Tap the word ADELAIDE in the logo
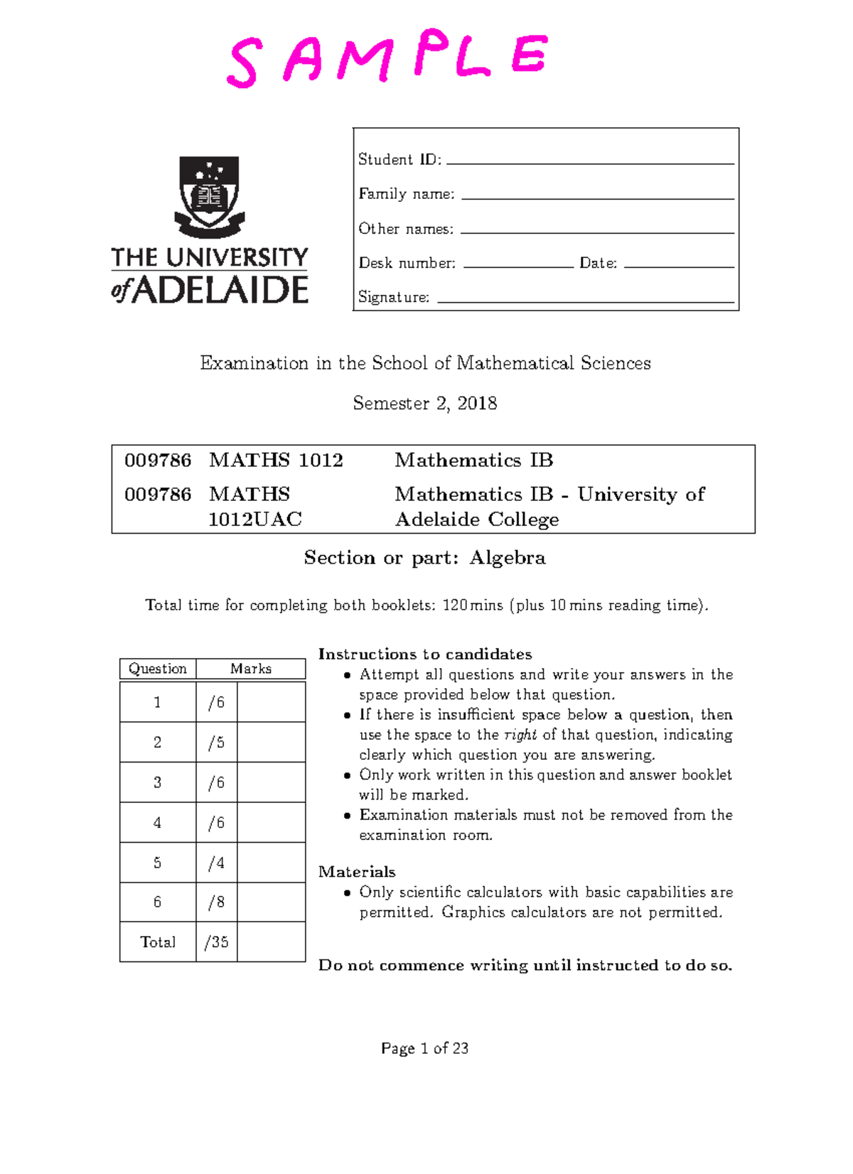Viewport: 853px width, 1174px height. click(x=219, y=290)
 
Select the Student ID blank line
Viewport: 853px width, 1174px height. click(x=590, y=163)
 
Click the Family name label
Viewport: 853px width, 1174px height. click(x=406, y=194)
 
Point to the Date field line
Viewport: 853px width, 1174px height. click(x=679, y=266)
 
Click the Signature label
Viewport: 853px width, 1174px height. click(x=394, y=297)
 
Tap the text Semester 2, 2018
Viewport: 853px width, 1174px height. click(x=425, y=404)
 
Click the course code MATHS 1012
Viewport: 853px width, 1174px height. click(x=276, y=461)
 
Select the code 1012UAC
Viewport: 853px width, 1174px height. click(x=254, y=519)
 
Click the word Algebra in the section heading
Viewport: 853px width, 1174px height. click(x=508, y=558)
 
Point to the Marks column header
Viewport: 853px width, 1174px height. click(x=251, y=669)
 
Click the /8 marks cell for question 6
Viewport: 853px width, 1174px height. click(x=216, y=903)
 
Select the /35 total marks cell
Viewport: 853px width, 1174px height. click(x=216, y=942)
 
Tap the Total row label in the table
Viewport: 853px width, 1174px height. click(x=158, y=942)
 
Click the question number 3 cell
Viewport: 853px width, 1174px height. click(x=158, y=782)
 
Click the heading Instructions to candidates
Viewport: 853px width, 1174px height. click(x=425, y=655)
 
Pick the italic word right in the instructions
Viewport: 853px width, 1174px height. click(x=520, y=735)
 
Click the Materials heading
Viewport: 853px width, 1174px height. click(x=357, y=872)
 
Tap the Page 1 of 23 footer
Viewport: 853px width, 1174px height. click(x=425, y=1048)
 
